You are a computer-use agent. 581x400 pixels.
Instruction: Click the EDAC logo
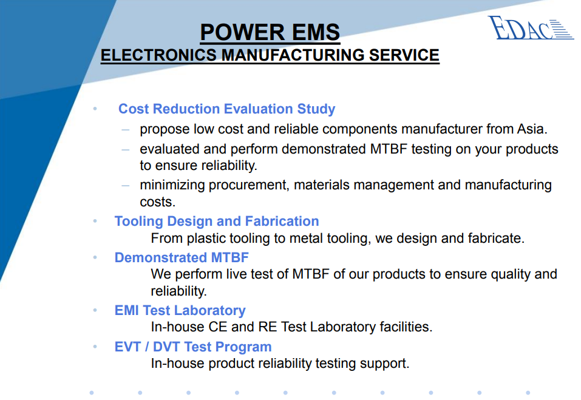[x=531, y=27]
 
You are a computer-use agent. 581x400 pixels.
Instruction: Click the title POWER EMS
[x=270, y=32]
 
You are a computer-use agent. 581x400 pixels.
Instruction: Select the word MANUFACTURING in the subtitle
[x=293, y=55]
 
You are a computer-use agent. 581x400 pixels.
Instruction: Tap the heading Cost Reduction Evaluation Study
[x=227, y=109]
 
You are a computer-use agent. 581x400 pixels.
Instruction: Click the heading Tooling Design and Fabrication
[x=217, y=221]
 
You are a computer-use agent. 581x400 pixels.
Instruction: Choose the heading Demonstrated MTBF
[x=182, y=257]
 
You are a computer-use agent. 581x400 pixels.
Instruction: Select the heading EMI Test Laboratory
[x=180, y=310]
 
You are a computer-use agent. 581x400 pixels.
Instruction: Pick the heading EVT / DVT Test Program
[x=193, y=347]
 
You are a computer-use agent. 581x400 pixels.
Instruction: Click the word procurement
[x=248, y=185]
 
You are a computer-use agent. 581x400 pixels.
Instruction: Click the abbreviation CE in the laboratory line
[x=218, y=327]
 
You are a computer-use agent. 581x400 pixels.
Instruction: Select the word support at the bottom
[x=385, y=364]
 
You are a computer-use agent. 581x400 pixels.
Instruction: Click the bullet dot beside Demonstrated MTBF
[x=95, y=257]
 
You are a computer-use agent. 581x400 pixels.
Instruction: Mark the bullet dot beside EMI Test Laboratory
[x=95, y=310]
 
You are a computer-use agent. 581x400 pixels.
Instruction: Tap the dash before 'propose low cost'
[x=125, y=130]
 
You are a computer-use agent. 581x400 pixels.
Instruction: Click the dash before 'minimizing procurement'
[x=125, y=185]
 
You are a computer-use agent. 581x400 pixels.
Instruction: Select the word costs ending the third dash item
[x=157, y=202]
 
